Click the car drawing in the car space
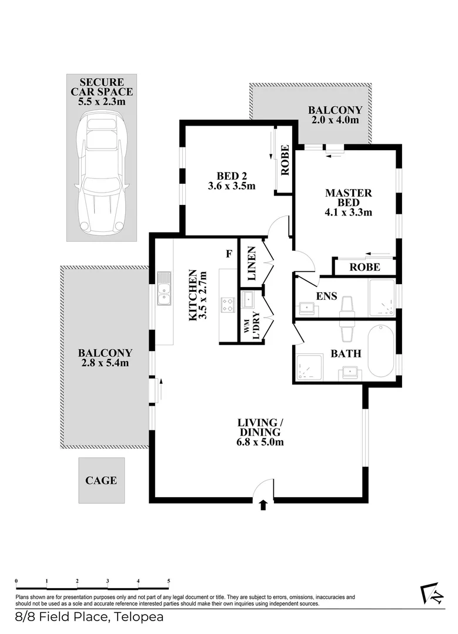click(102, 173)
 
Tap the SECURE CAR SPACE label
click(102, 92)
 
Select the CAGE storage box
click(101, 480)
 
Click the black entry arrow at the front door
click(263, 504)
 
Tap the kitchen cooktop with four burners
click(227, 305)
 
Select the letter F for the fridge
click(230, 254)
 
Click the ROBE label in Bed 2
click(285, 160)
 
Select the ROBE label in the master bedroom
click(364, 267)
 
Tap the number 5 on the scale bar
click(169, 581)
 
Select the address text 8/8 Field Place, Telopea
click(89, 617)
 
